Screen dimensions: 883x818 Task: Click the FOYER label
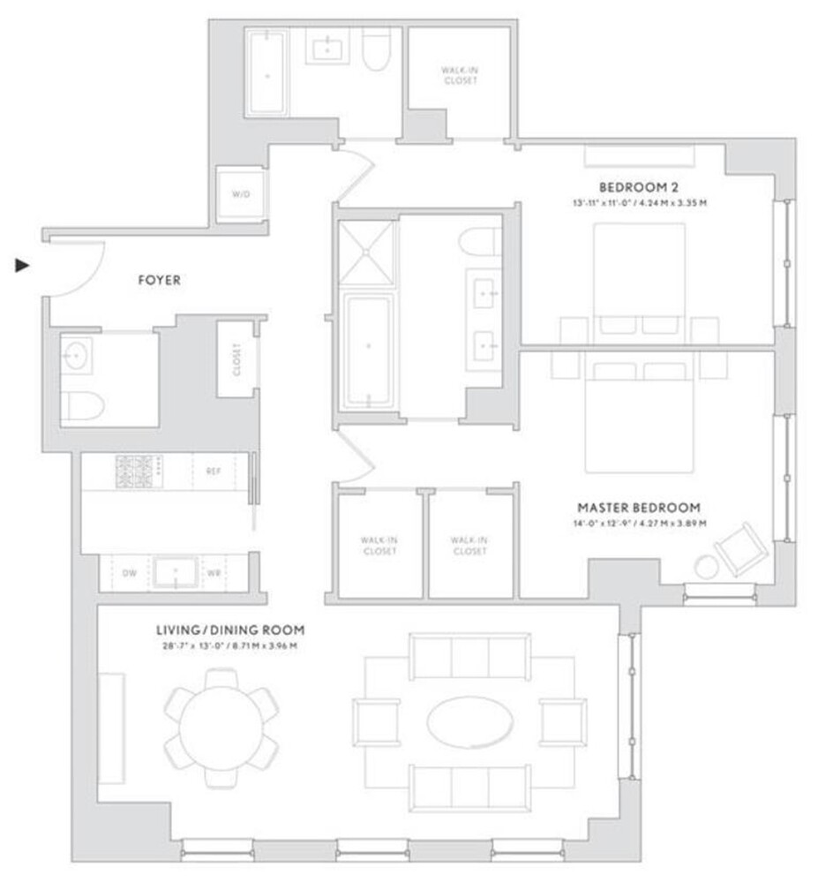159,281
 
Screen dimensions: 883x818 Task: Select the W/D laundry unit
241,193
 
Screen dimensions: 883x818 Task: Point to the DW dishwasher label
129,572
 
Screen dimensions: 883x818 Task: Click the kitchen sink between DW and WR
176,572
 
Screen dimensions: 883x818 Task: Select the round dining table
221,727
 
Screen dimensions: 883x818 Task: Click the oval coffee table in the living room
469,722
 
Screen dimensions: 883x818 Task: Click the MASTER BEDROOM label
639,508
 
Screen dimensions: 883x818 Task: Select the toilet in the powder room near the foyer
82,406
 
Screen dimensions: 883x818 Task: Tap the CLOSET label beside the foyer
236,358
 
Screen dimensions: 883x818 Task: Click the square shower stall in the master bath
366,253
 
